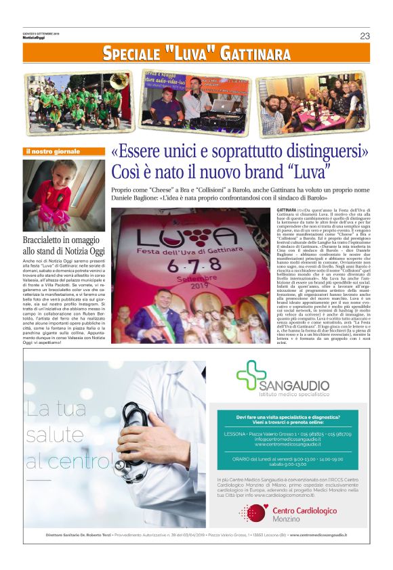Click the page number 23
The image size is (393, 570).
365,36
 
